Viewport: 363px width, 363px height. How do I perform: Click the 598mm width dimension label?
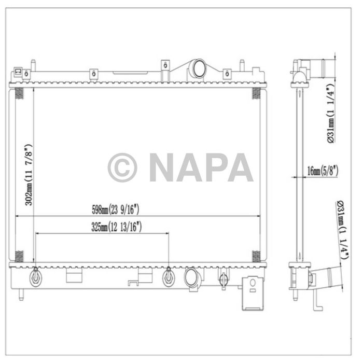(116, 210)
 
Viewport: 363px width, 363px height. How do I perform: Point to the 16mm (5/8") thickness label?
(323, 170)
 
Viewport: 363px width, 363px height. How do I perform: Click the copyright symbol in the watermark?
(122, 167)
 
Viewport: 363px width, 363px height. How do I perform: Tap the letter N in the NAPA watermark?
(163, 167)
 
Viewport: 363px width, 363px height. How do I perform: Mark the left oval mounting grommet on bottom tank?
(35, 277)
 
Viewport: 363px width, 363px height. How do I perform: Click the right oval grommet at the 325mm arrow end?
(169, 277)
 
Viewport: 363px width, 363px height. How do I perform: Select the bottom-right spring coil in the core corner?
(256, 256)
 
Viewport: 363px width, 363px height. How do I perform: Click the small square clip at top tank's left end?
(18, 72)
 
